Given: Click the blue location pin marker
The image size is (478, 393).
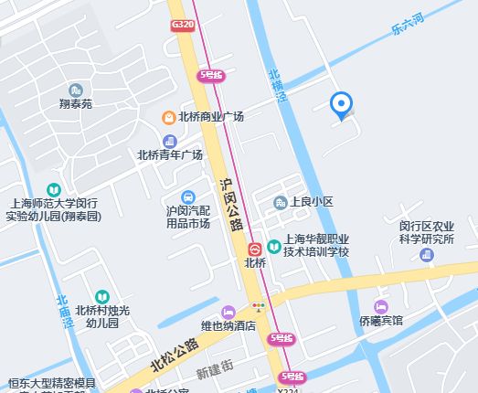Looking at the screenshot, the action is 342,105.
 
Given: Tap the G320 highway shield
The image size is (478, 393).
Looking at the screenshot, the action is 182,27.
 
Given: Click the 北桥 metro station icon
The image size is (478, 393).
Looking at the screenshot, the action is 255,248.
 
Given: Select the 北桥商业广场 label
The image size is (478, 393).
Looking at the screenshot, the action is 211,117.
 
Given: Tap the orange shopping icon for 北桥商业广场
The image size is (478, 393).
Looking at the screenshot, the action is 169,117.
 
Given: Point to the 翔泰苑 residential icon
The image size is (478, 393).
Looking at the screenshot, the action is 75,90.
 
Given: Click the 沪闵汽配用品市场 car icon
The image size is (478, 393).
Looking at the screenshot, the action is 187,196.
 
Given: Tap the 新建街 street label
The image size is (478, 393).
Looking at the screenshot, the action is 216,373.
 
